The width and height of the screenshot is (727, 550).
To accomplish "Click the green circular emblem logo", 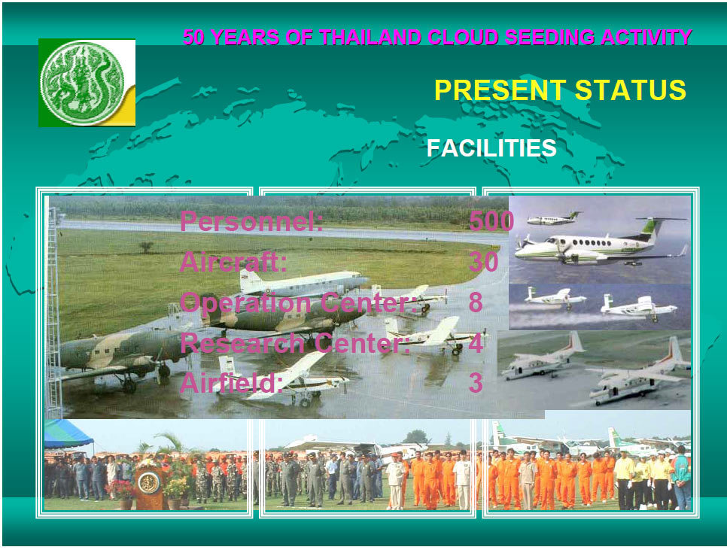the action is (83, 83).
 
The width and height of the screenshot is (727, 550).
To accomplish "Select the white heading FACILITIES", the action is (491, 148).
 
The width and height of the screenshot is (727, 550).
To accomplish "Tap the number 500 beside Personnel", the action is (491, 221).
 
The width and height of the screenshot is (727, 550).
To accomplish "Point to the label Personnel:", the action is (251, 221).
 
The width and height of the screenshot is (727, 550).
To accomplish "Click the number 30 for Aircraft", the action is (484, 262).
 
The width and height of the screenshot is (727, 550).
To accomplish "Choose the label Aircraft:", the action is (233, 262).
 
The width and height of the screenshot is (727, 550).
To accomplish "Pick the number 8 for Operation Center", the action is (476, 302).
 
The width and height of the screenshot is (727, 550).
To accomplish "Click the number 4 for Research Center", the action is (476, 343).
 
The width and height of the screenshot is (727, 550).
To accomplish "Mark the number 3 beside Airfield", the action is (476, 383).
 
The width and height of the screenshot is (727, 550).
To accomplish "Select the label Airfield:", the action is (231, 383).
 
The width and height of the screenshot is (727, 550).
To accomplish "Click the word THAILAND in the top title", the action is (370, 38).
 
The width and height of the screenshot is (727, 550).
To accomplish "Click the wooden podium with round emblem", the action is (149, 487).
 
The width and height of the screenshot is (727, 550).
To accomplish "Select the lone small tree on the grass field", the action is (147, 247).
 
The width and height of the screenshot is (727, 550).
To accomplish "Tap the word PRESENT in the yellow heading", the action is (500, 90).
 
